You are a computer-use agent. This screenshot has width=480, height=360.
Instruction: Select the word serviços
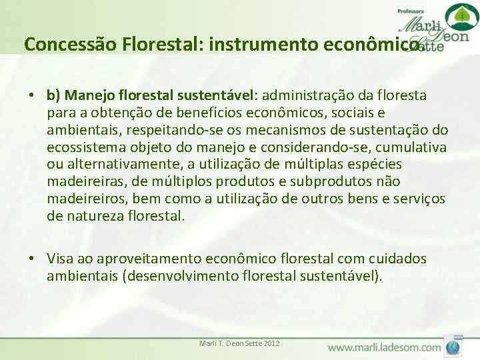tap(420, 199)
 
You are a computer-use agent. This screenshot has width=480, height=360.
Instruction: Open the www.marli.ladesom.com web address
tap(384, 347)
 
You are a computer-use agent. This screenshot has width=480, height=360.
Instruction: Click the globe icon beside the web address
tap(453, 347)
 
